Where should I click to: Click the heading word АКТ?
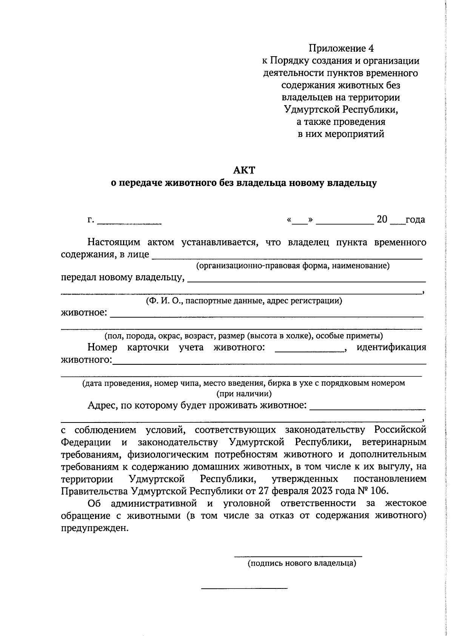[x=244, y=170]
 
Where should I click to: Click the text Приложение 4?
[x=341, y=48]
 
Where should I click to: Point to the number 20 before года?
[x=382, y=220]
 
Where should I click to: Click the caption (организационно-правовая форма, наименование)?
[x=293, y=266]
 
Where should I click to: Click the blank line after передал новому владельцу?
[x=307, y=281]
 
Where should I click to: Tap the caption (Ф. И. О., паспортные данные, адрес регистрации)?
[x=244, y=301]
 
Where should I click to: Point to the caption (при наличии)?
[x=244, y=394]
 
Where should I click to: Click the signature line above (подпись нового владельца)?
[x=298, y=556]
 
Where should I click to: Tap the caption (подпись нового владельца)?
[x=302, y=564]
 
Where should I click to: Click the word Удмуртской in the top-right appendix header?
[x=312, y=110]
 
